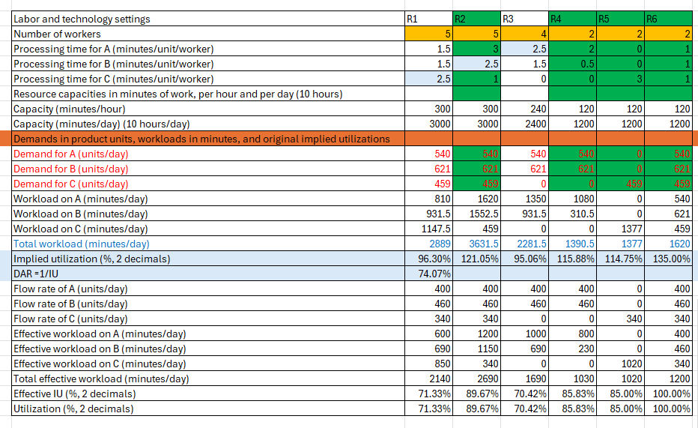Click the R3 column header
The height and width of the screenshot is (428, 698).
tap(524, 19)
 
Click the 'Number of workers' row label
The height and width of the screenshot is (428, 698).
tap(57, 34)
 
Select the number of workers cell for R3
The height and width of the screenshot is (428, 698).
tap(524, 34)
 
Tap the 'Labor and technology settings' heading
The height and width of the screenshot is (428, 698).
tap(82, 19)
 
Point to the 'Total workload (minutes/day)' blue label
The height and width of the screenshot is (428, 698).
tap(81, 244)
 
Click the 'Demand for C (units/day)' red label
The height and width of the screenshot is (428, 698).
tap(70, 184)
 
